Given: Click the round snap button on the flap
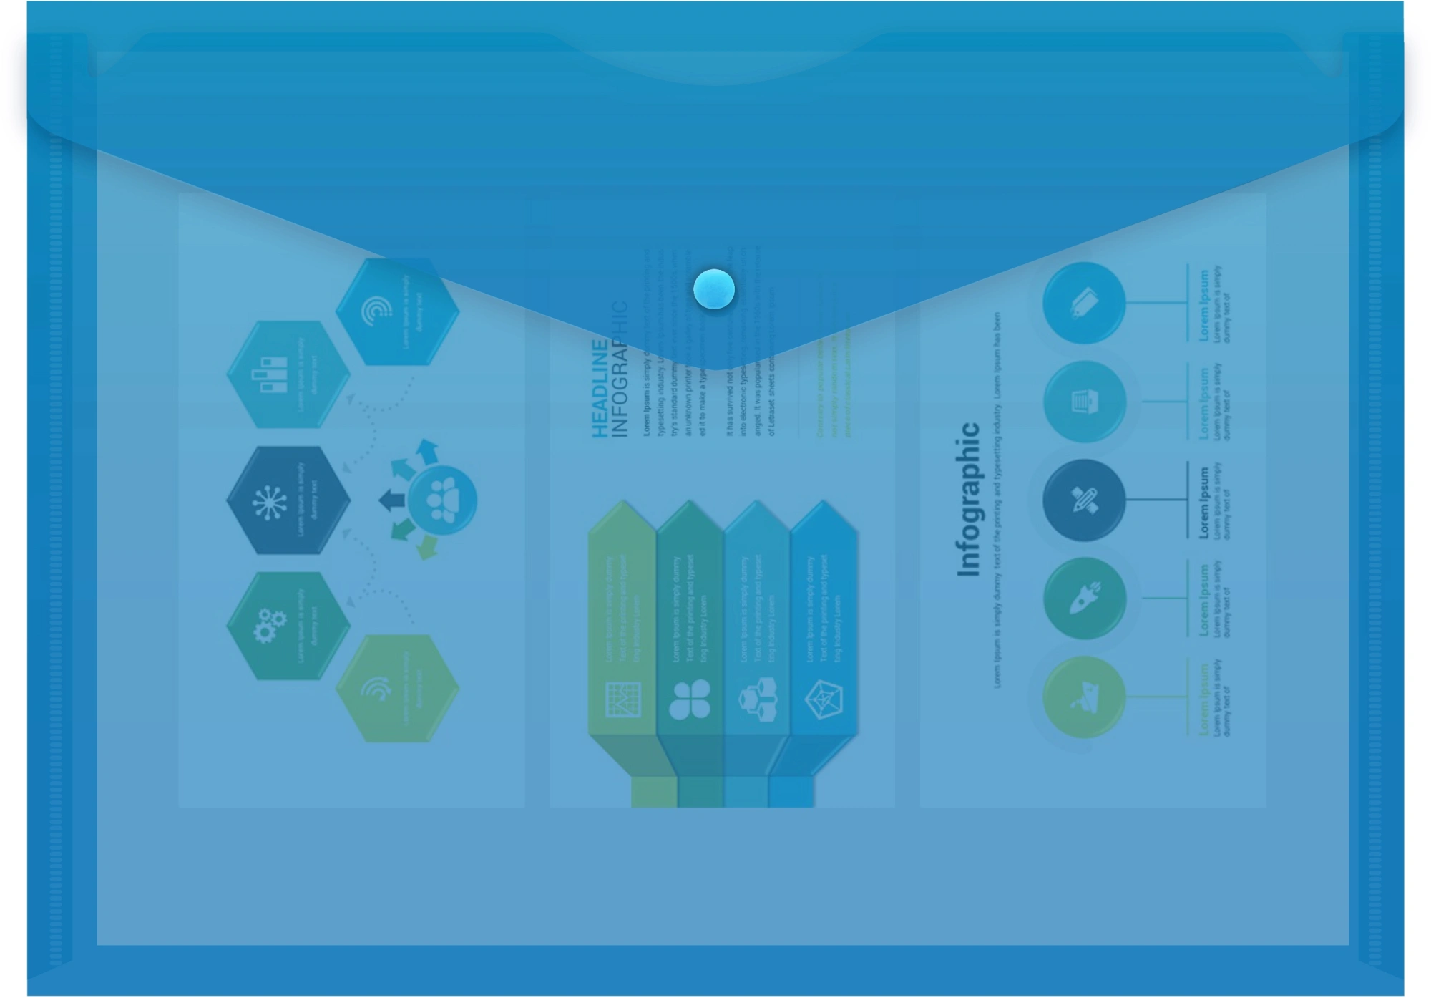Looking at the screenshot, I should [714, 289].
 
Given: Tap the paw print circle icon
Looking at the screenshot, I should [442, 499].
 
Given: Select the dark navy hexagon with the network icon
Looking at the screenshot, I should [288, 500].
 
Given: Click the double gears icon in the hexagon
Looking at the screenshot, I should [270, 625].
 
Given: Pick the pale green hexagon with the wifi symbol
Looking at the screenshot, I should [397, 688].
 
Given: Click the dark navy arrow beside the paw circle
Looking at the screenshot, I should [391, 500].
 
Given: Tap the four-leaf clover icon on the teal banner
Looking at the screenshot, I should [689, 699].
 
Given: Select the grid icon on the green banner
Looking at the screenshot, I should [622, 699].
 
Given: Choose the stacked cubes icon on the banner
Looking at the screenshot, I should [757, 699].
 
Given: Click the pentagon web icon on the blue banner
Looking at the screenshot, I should [824, 699].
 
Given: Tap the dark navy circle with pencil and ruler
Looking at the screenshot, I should [1084, 500].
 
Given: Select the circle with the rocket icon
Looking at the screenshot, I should [1084, 598].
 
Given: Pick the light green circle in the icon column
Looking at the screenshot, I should [1084, 697].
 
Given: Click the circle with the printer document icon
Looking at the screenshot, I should [1084, 401].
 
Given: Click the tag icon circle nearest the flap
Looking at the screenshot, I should [1084, 302].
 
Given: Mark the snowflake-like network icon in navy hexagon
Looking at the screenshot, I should [270, 501].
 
